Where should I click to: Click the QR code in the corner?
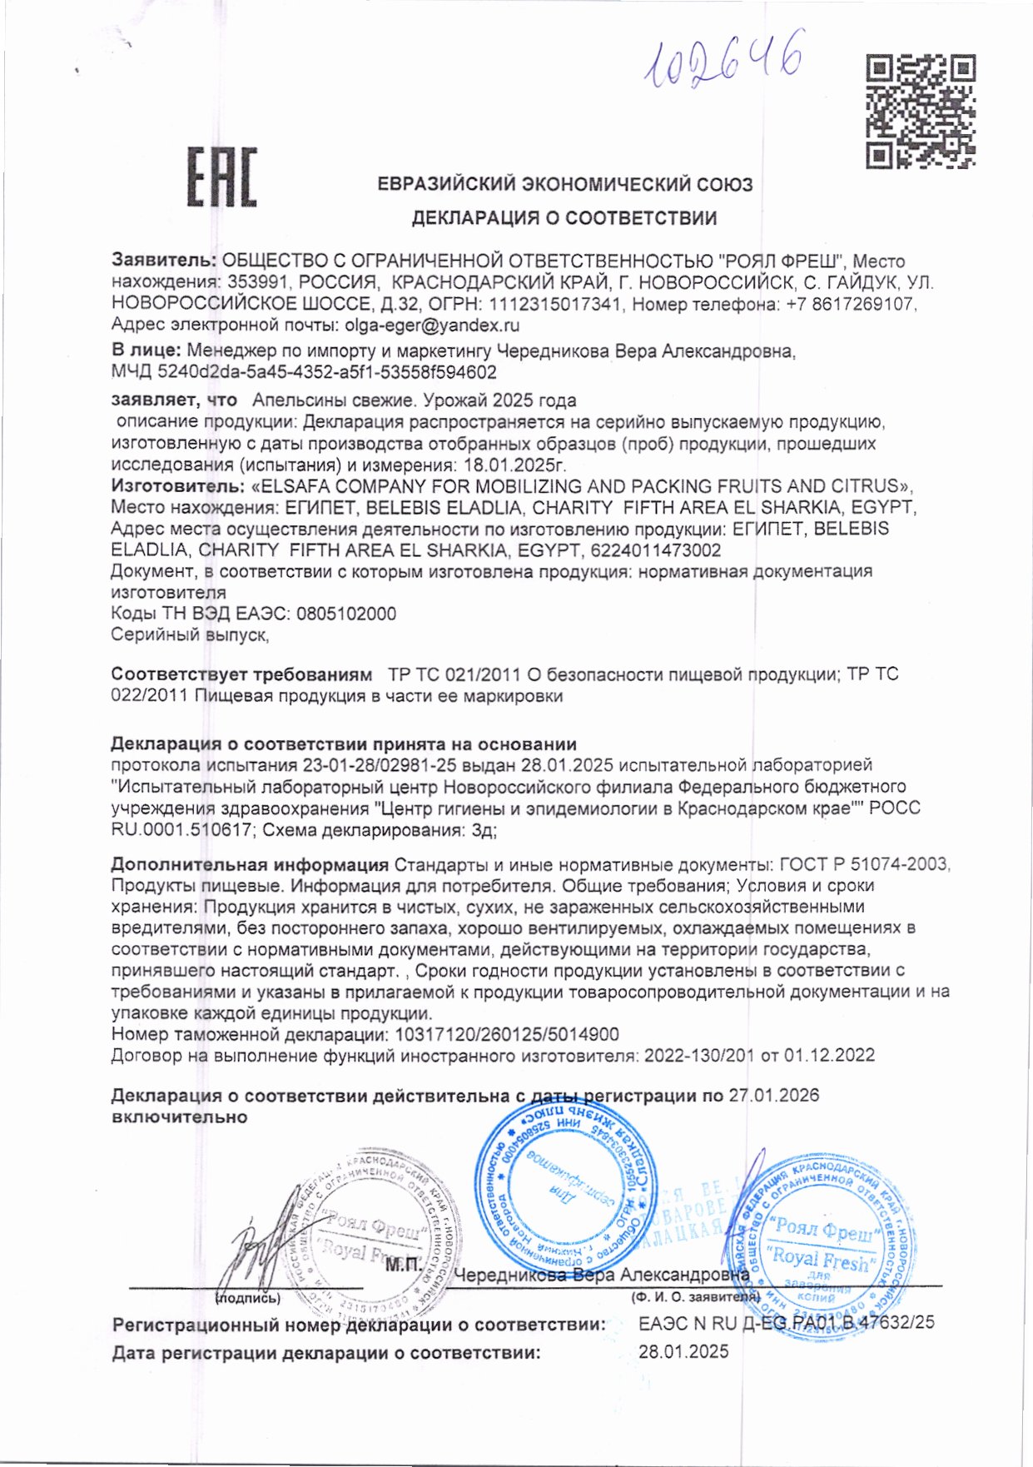point(920,112)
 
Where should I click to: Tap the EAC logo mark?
point(221,177)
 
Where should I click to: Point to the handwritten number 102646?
point(723,60)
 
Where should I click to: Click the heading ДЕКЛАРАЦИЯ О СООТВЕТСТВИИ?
point(564,218)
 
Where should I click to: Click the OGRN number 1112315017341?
point(555,304)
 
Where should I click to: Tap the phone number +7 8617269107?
point(849,304)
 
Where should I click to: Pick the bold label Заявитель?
point(164,261)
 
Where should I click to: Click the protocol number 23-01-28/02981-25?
point(369,764)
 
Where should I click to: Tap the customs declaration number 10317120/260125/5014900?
point(504,1035)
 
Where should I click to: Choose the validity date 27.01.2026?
point(773,1096)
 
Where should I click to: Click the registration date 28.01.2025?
point(683,1352)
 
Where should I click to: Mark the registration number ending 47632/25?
point(787,1322)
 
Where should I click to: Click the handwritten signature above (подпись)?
point(250,1253)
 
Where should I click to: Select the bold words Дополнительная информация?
point(250,863)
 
